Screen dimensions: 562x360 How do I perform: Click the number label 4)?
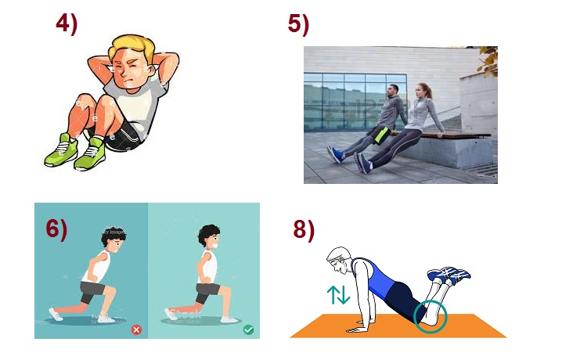67,24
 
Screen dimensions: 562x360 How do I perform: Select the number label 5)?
298,24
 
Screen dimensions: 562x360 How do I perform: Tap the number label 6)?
56,229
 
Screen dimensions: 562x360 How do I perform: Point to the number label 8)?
304,229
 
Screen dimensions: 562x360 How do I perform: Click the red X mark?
136,329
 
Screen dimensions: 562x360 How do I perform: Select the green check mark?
248,329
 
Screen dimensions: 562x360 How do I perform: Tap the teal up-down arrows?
338,295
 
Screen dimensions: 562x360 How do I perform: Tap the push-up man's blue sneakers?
449,275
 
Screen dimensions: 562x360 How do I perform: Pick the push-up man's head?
339,260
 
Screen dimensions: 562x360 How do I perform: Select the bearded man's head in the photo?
393,92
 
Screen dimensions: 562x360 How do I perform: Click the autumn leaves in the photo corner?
488,61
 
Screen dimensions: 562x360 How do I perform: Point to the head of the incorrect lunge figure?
114,238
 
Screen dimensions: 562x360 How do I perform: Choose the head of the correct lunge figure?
209,236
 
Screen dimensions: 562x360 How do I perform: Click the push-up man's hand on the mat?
358,329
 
